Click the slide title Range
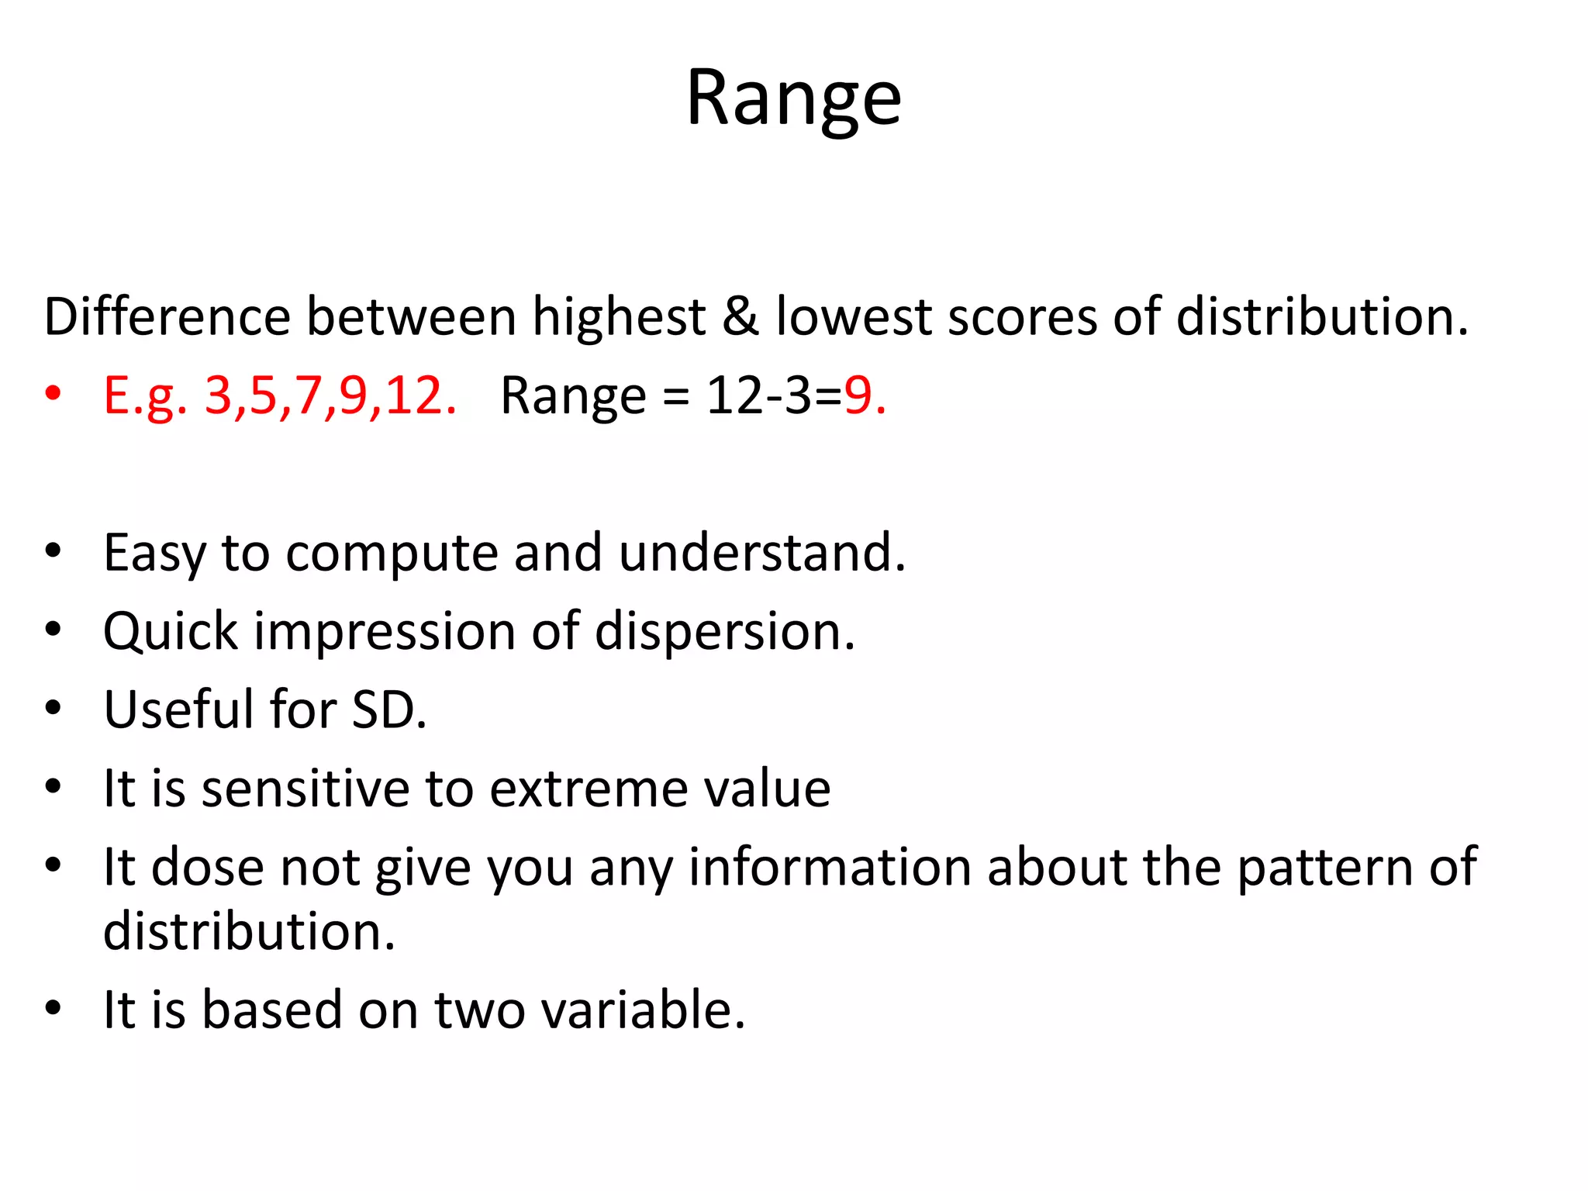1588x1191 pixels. point(793,98)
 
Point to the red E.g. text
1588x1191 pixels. point(146,395)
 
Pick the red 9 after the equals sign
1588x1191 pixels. point(858,395)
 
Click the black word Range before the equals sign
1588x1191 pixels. point(573,395)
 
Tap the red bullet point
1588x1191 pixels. point(53,394)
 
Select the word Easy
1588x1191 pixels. point(154,553)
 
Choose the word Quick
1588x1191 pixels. point(171,631)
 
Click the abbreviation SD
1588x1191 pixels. point(388,709)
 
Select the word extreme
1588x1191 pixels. point(589,789)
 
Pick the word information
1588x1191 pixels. point(830,867)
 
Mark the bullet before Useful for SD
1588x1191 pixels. point(53,708)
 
